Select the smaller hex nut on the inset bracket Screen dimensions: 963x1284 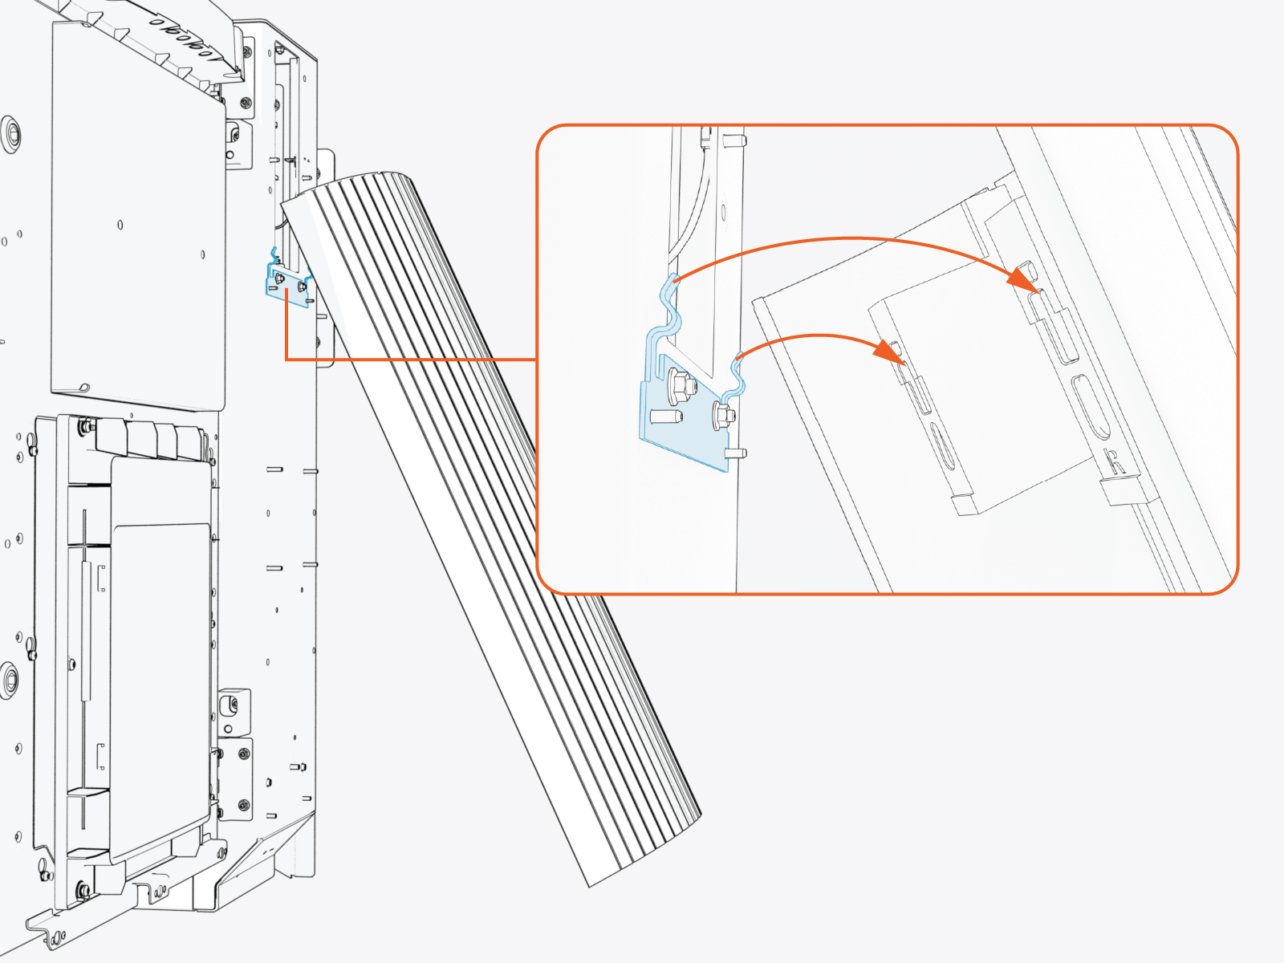[x=721, y=416]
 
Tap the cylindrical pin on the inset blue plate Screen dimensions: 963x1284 [x=666, y=417]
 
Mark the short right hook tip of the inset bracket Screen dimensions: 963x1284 [x=737, y=358]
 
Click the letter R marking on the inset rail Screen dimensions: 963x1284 [x=1114, y=461]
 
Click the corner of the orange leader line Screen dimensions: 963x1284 [x=286, y=359]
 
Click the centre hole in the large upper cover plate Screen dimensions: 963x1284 [x=120, y=224]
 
